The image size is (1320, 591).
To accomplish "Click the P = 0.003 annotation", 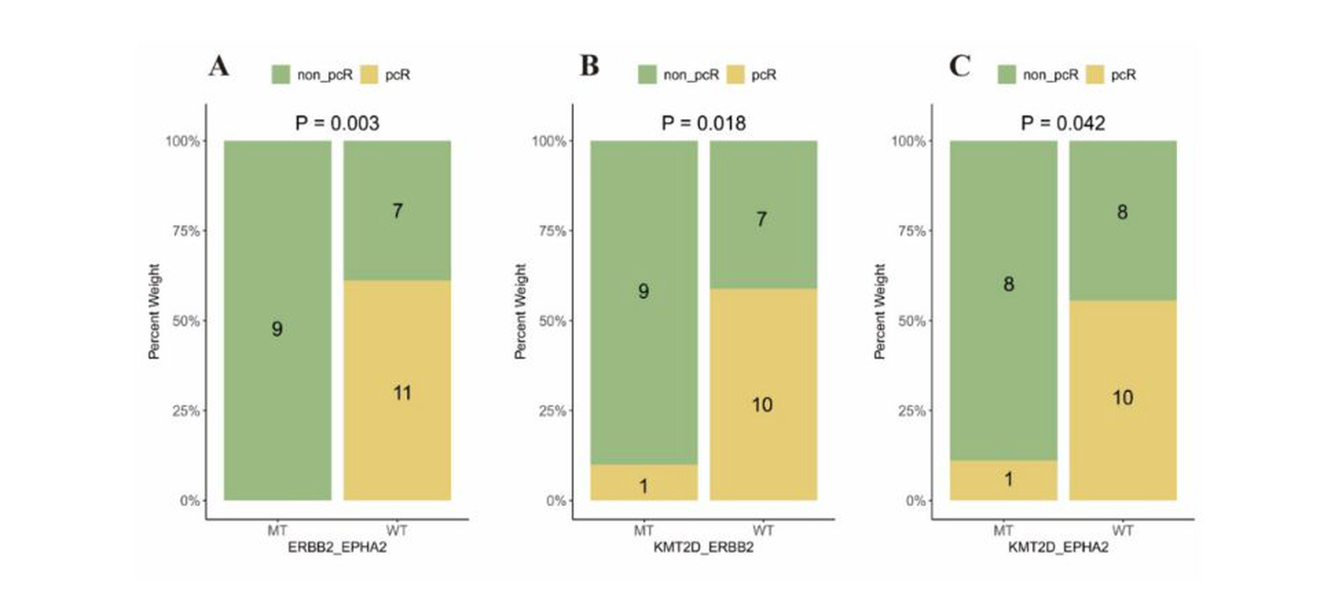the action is [x=337, y=123].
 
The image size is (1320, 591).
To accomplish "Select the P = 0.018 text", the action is [x=704, y=123].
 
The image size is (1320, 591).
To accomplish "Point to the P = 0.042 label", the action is [x=1063, y=123].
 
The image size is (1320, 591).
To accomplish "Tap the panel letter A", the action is [x=218, y=67].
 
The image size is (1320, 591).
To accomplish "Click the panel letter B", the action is [x=589, y=67].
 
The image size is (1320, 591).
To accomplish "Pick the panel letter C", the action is [x=960, y=67].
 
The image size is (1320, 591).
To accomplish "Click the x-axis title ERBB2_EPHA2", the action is [x=337, y=547].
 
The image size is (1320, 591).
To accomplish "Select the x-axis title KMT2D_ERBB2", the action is [x=704, y=547].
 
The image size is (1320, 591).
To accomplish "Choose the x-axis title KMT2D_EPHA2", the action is [x=1059, y=547].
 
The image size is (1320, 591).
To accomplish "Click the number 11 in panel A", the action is [x=402, y=393].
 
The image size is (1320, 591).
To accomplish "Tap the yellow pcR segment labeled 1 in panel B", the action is [x=644, y=482].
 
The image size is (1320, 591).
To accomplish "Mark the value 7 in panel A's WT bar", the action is [x=398, y=211].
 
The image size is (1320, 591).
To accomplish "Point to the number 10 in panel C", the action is [x=1123, y=398].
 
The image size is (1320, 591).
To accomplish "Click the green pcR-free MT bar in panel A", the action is [x=278, y=321].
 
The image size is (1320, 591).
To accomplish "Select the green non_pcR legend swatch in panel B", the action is [x=647, y=75].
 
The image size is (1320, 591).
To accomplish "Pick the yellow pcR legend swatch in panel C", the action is [x=1094, y=75].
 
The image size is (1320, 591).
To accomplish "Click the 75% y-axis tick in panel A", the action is [x=185, y=231].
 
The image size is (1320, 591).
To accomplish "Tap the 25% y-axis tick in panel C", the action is [x=911, y=410].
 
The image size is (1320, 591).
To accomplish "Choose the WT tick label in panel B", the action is [x=763, y=531].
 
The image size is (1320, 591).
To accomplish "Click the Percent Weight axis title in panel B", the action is [x=521, y=312].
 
